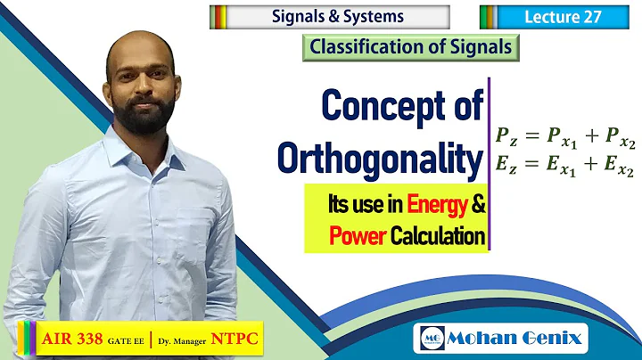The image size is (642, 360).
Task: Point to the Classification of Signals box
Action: pyautogui.click(x=412, y=46)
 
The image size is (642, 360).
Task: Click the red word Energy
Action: pyautogui.click(x=436, y=207)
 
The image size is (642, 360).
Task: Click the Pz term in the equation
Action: pyautogui.click(x=506, y=137)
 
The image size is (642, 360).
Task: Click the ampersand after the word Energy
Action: pyautogui.click(x=477, y=207)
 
